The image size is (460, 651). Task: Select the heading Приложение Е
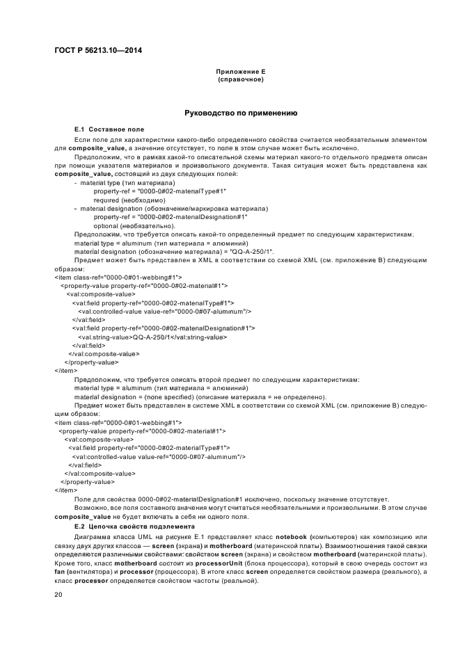[x=240, y=72]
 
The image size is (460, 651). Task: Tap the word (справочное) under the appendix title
[x=240, y=79]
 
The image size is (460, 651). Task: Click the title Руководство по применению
[x=240, y=113]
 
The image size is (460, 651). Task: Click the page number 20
[x=58, y=595]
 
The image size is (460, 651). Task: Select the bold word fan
[x=60, y=571]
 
